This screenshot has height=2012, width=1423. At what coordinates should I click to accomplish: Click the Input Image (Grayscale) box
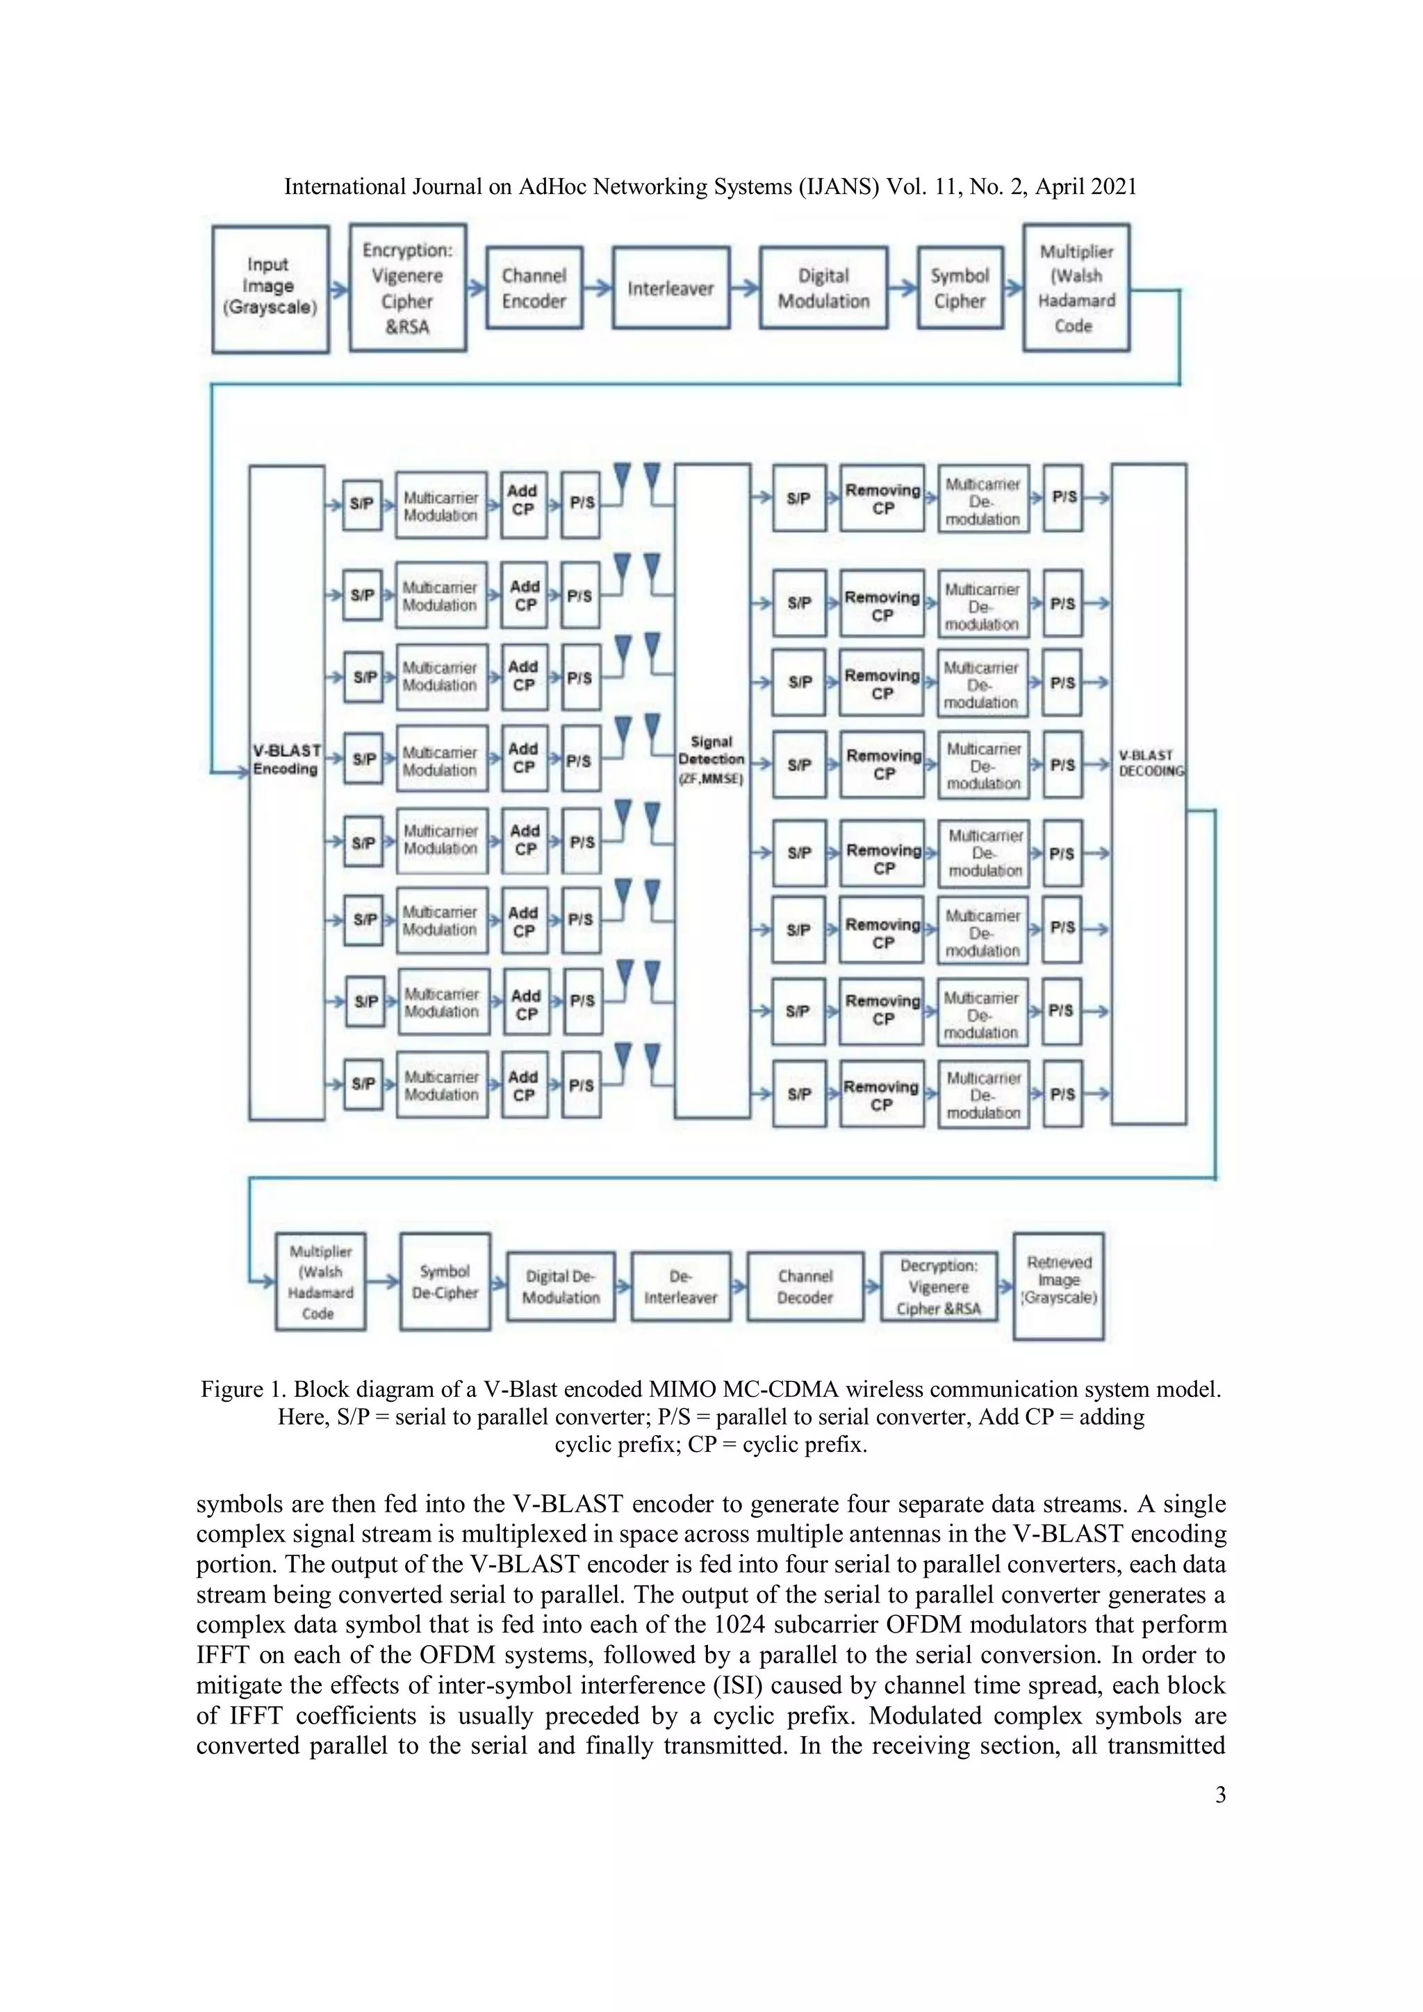[270, 288]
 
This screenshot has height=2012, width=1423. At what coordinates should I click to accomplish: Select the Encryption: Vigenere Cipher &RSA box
[407, 288]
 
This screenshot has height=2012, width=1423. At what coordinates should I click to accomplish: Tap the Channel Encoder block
[534, 288]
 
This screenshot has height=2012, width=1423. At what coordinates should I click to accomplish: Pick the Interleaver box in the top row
[671, 288]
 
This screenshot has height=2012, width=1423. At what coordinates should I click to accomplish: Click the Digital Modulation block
[823, 288]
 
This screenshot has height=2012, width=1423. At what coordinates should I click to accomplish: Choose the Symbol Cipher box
[960, 288]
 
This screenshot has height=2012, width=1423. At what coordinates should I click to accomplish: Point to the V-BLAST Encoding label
[286, 760]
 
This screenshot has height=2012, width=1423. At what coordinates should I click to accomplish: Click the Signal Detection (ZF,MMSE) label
[711, 760]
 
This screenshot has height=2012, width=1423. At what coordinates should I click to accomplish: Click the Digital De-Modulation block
[561, 1286]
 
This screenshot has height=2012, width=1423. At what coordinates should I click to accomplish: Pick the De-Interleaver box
[680, 1286]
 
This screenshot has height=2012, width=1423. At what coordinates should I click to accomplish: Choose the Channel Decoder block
[805, 1286]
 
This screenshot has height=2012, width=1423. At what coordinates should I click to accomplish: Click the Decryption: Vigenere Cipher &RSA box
[939, 1286]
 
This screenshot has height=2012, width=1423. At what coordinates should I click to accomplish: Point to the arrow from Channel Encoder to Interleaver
[598, 288]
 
